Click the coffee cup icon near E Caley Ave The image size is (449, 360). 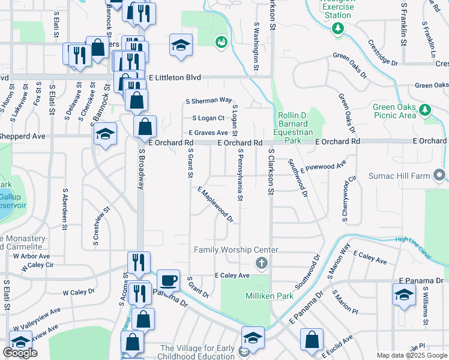(168, 280)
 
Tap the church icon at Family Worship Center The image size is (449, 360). (261, 262)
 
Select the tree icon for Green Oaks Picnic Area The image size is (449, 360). (425, 110)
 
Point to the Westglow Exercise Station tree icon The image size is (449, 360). (338, 28)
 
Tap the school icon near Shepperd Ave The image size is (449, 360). (105, 134)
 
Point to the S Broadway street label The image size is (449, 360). (142, 169)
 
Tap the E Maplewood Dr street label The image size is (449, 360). (215, 203)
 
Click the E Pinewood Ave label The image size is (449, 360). (324, 166)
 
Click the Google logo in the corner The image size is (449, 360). (20, 353)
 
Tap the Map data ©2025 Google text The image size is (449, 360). (412, 355)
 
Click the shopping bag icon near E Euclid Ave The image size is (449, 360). (312, 340)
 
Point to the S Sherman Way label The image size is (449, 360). (208, 100)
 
